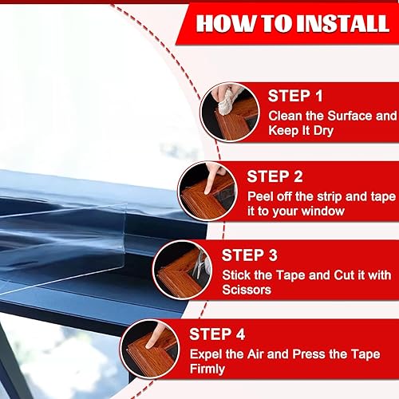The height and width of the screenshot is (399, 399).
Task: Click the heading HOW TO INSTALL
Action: tap(293, 23)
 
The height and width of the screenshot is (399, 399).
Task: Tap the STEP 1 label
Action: tap(295, 97)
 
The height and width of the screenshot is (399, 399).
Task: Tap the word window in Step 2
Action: tap(325, 212)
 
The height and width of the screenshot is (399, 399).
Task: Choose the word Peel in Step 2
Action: tap(262, 196)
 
